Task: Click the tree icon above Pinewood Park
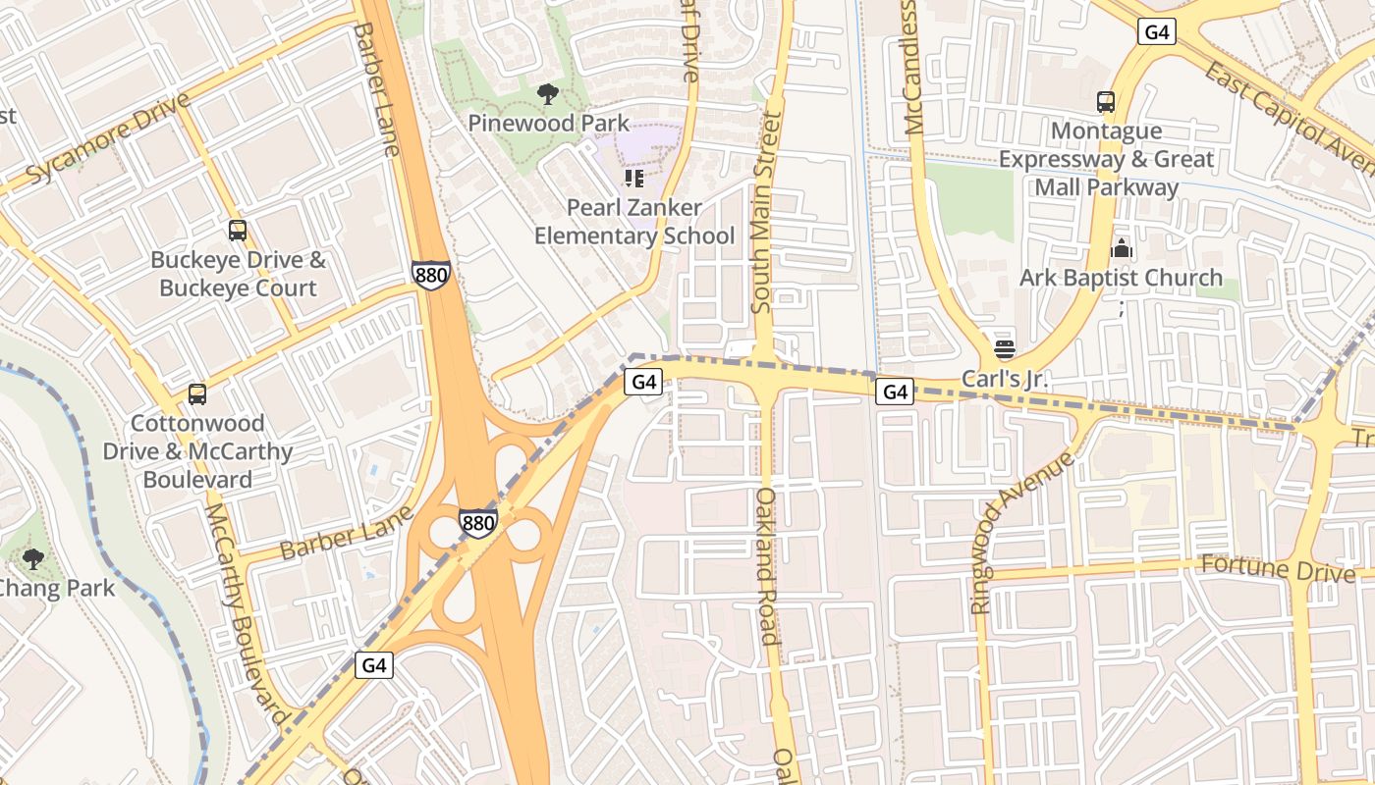tap(548, 94)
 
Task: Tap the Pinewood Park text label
tap(548, 124)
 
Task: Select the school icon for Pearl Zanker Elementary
tap(633, 179)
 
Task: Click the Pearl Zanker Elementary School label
tap(633, 222)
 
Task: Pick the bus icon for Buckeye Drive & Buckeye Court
tap(238, 231)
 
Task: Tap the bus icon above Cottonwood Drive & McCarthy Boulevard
tap(197, 394)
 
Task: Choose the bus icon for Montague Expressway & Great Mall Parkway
tap(1106, 101)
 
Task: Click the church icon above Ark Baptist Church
tap(1121, 248)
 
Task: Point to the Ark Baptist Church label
tap(1121, 278)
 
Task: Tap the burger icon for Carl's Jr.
tap(1003, 348)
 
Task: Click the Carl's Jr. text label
tap(1005, 379)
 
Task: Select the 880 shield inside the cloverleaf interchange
tap(478, 523)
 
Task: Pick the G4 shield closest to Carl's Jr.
tap(895, 392)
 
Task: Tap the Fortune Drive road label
tap(1278, 568)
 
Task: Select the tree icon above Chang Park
tap(33, 559)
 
